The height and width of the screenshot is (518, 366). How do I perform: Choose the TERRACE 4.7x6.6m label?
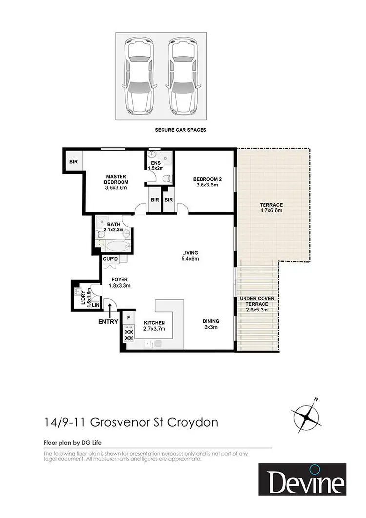click(x=271, y=207)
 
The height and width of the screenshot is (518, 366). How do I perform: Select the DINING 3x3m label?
click(x=211, y=324)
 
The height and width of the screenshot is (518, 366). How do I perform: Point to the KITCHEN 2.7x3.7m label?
click(x=154, y=326)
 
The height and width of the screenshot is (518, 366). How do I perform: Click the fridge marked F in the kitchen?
click(x=128, y=318)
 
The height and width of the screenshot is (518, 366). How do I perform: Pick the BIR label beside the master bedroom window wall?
click(x=73, y=161)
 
